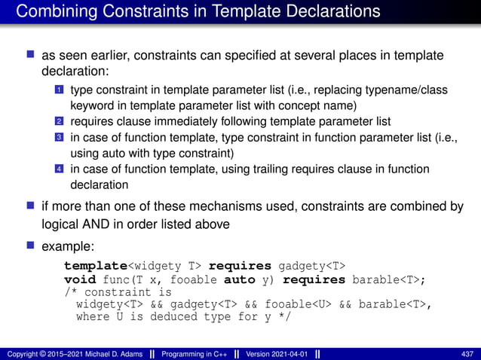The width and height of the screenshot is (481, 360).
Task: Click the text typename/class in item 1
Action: (409, 90)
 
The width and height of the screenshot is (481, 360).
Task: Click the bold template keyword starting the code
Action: (93, 266)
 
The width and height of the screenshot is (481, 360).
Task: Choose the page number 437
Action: (467, 353)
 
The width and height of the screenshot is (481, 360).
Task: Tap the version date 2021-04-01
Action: (293, 353)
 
